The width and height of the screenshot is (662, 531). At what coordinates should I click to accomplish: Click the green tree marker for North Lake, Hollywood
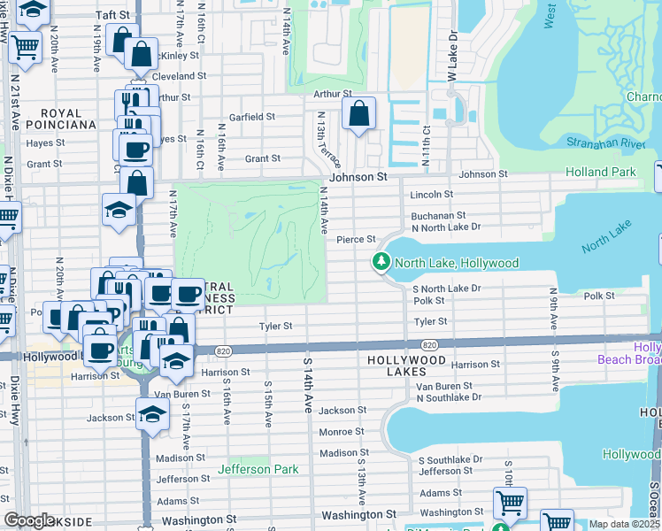coord(381,263)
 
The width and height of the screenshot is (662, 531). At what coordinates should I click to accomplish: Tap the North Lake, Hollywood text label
coord(456,263)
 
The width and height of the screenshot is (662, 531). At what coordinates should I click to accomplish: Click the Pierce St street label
coord(357,239)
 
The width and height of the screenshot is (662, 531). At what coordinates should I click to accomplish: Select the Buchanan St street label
coord(437,215)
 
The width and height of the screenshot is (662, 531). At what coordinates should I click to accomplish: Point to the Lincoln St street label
coord(431,194)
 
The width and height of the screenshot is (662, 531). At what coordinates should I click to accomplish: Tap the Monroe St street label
coord(341,432)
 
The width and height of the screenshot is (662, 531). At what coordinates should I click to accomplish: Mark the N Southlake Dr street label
coord(449,397)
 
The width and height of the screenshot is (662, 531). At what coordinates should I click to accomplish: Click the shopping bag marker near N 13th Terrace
coord(358,114)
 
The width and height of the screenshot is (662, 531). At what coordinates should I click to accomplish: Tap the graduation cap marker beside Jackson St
coord(152,413)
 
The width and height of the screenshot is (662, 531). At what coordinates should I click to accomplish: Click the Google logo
coord(29,520)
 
